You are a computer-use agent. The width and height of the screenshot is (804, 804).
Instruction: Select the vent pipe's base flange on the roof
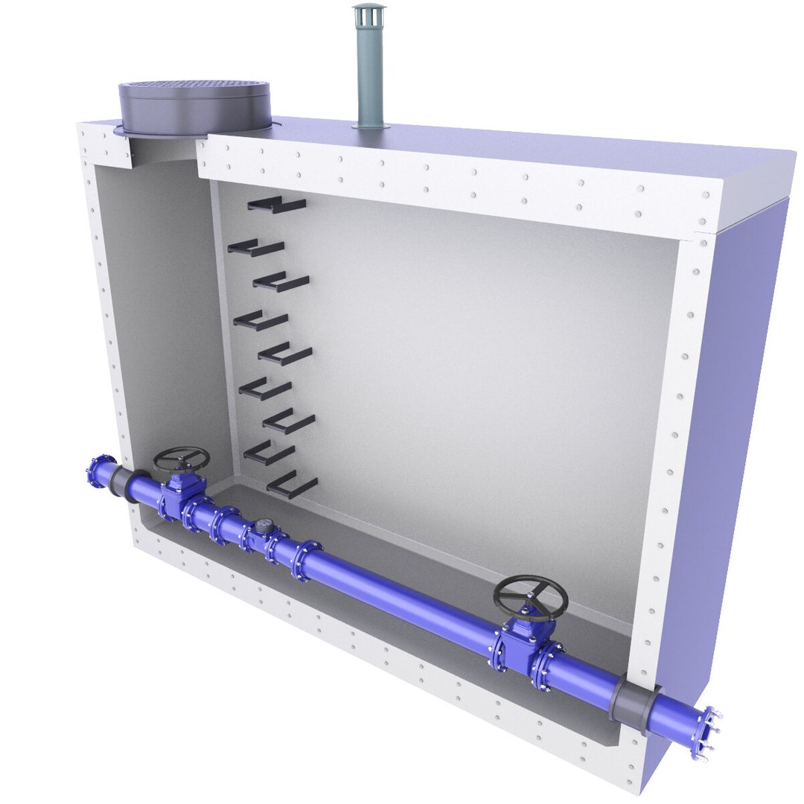371,127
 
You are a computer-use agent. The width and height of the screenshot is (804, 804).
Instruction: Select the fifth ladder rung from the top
285,355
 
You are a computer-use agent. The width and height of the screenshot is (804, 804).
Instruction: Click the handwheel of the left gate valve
181,459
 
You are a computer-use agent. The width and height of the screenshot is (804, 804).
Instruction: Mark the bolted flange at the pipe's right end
704,733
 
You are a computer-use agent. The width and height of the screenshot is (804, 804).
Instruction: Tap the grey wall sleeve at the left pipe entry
119,484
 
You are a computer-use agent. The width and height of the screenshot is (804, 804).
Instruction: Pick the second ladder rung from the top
256,248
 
